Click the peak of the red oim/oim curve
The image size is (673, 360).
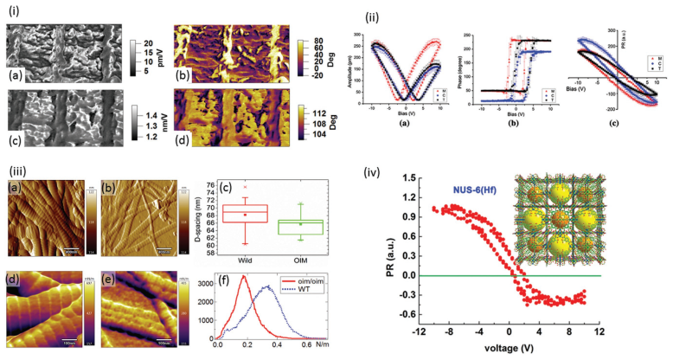245,277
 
